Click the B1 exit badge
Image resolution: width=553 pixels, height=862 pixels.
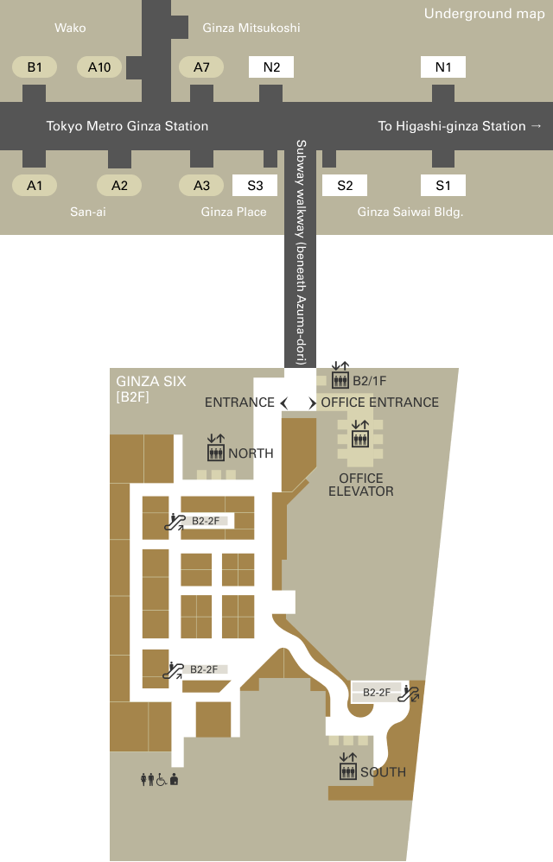(x=34, y=67)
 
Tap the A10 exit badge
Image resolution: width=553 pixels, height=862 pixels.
(x=99, y=67)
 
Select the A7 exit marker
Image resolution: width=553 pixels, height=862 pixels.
(x=201, y=67)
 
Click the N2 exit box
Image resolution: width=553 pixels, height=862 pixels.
(x=271, y=67)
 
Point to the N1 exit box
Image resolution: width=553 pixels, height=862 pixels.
(x=443, y=67)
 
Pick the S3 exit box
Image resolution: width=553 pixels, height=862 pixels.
(x=255, y=185)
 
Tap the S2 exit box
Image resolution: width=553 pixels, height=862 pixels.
(x=345, y=185)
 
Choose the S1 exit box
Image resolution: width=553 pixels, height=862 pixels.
(x=443, y=185)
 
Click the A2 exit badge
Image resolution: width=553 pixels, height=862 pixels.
(x=119, y=185)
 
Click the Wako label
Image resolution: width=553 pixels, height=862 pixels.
(x=70, y=28)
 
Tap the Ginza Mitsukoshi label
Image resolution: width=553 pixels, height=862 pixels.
(x=251, y=28)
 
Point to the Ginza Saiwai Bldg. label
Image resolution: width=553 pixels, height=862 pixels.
(x=410, y=212)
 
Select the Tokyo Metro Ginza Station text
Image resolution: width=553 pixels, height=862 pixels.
(x=127, y=126)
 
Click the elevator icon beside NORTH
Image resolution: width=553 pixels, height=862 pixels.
(x=216, y=447)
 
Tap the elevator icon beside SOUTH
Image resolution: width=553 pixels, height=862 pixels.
(x=348, y=766)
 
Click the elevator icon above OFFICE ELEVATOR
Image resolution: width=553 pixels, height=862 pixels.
(x=360, y=434)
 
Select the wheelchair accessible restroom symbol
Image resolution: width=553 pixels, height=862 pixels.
(x=162, y=780)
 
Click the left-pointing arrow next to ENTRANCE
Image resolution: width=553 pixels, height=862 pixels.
(x=283, y=403)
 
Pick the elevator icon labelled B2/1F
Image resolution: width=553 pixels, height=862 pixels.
(x=340, y=375)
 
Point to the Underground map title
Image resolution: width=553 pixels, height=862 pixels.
(x=484, y=14)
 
